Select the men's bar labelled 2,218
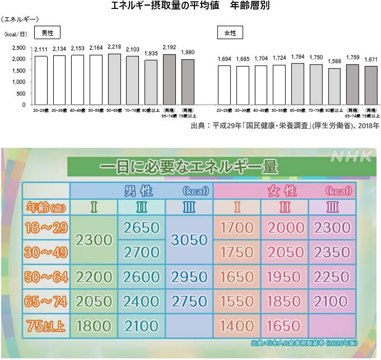tap(114, 79)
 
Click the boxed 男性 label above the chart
tap(48, 33)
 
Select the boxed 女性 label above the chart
tap(230, 33)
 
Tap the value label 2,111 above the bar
tap(40, 50)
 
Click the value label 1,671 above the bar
tap(370, 59)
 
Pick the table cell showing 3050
tap(189, 240)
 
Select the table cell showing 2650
tap(141, 228)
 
